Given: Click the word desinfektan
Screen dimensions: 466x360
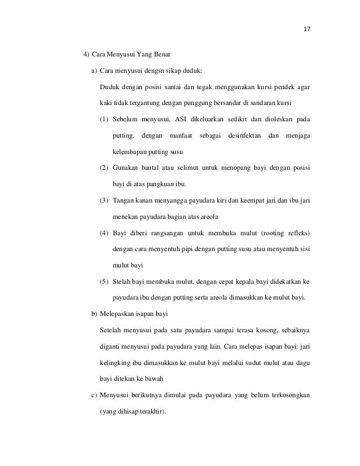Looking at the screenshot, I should (243, 136).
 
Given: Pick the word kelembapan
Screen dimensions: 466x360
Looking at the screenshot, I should (130, 152).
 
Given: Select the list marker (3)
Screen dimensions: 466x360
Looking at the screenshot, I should (104, 200).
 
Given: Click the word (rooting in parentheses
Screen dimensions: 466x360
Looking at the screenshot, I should (274, 232).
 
